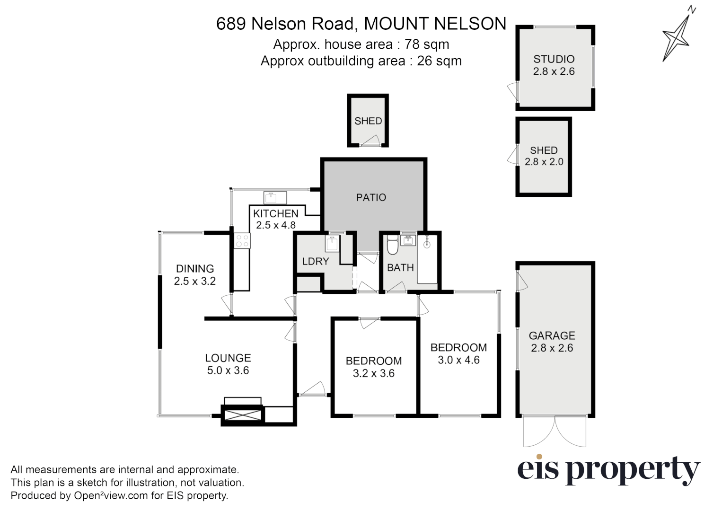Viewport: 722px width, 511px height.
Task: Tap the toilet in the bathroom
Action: click(392, 245)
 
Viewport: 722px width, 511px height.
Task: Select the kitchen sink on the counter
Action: click(275, 197)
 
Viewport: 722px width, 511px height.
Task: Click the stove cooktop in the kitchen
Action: click(242, 241)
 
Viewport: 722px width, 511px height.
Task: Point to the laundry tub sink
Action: click(333, 244)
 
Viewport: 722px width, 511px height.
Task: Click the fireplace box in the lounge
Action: click(243, 415)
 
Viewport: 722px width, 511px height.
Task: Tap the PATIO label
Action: click(371, 197)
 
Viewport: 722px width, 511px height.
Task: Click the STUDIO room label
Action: click(554, 59)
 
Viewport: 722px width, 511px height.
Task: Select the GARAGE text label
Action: click(552, 335)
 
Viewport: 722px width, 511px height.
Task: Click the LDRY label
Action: click(315, 261)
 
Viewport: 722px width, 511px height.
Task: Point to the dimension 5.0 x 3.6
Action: click(228, 370)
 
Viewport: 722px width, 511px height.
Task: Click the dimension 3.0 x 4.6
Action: click(458, 360)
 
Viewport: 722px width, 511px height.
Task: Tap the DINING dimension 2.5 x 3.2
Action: click(194, 281)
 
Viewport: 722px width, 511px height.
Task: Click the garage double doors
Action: click(555, 432)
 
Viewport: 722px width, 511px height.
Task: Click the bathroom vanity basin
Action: click(408, 241)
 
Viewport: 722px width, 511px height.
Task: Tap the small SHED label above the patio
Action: click(368, 121)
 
